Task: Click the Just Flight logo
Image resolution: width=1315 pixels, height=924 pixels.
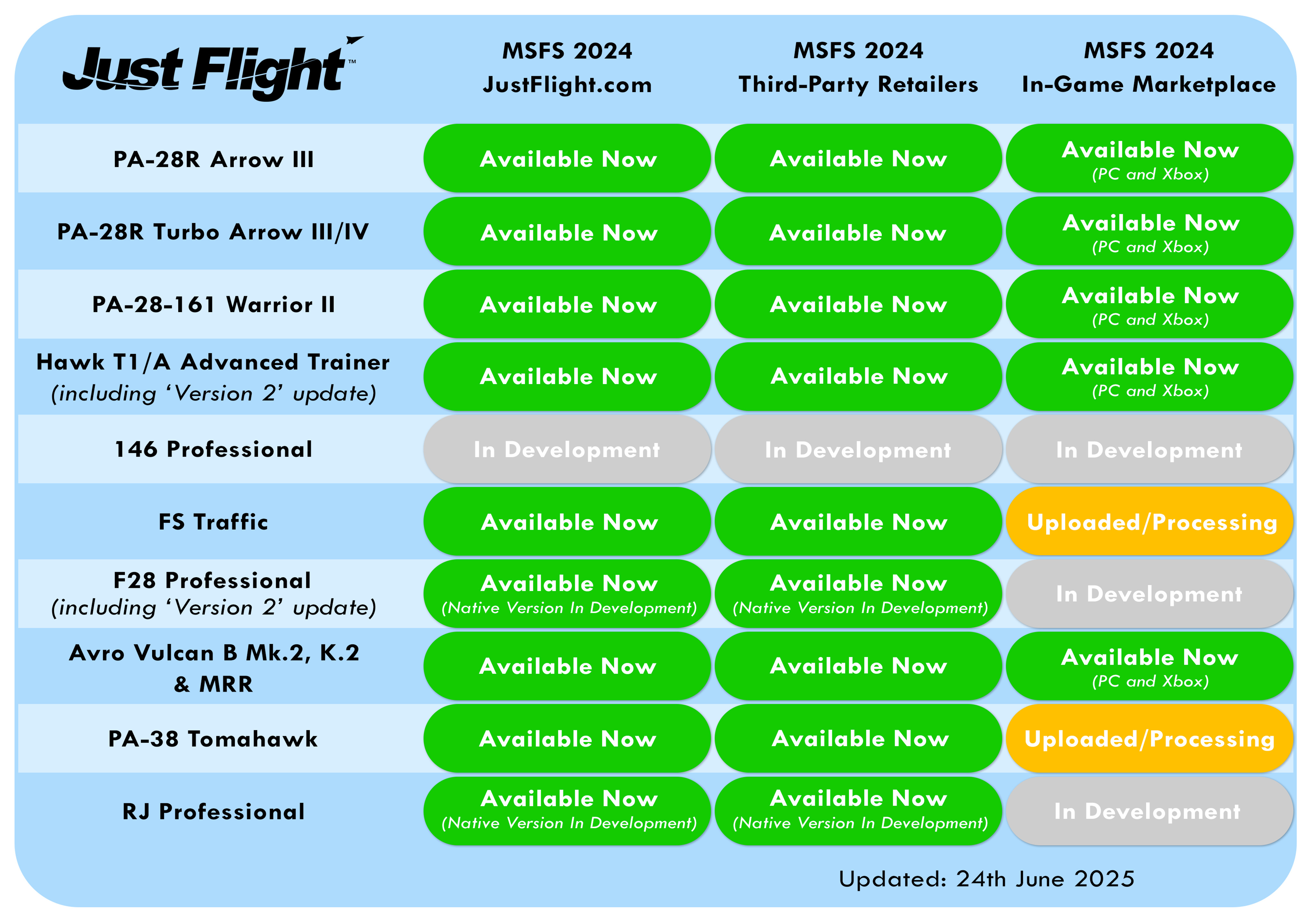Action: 212,69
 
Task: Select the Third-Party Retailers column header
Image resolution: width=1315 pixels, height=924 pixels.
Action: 858,68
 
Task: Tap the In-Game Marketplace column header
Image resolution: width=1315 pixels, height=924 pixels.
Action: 1149,68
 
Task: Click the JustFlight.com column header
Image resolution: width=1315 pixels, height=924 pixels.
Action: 567,68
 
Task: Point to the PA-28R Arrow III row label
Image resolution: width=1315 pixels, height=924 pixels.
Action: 213,159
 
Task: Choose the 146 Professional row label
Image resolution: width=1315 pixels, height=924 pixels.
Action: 213,450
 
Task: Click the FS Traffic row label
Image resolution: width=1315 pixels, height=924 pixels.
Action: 213,522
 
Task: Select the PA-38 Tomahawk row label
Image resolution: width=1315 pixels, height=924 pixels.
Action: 213,739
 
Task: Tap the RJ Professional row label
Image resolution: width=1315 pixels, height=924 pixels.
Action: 213,812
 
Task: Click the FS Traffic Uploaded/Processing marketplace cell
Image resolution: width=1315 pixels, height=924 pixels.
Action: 1149,521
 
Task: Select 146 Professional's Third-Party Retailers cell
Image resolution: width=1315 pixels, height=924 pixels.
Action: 858,450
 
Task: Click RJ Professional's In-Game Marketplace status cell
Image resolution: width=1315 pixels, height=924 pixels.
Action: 1149,811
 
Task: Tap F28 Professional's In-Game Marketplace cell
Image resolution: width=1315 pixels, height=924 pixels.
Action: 1149,594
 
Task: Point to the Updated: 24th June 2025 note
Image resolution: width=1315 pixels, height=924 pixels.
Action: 986,879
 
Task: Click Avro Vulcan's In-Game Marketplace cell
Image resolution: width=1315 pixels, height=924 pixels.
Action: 1149,666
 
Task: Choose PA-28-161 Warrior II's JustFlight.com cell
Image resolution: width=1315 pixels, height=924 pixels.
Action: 567,304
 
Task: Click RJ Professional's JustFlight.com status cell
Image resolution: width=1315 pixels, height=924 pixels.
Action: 567,811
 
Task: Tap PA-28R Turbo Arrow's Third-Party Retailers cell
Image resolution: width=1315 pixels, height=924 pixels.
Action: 858,231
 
